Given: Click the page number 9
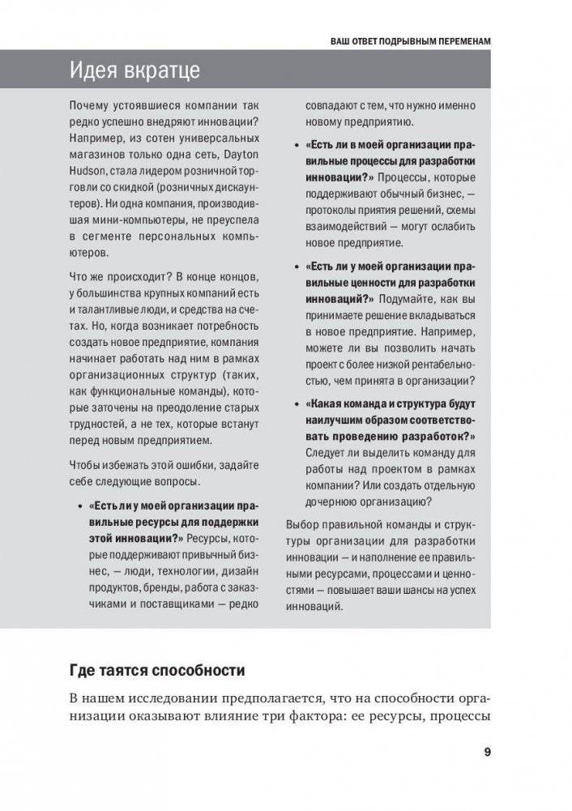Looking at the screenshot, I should (486, 751).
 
